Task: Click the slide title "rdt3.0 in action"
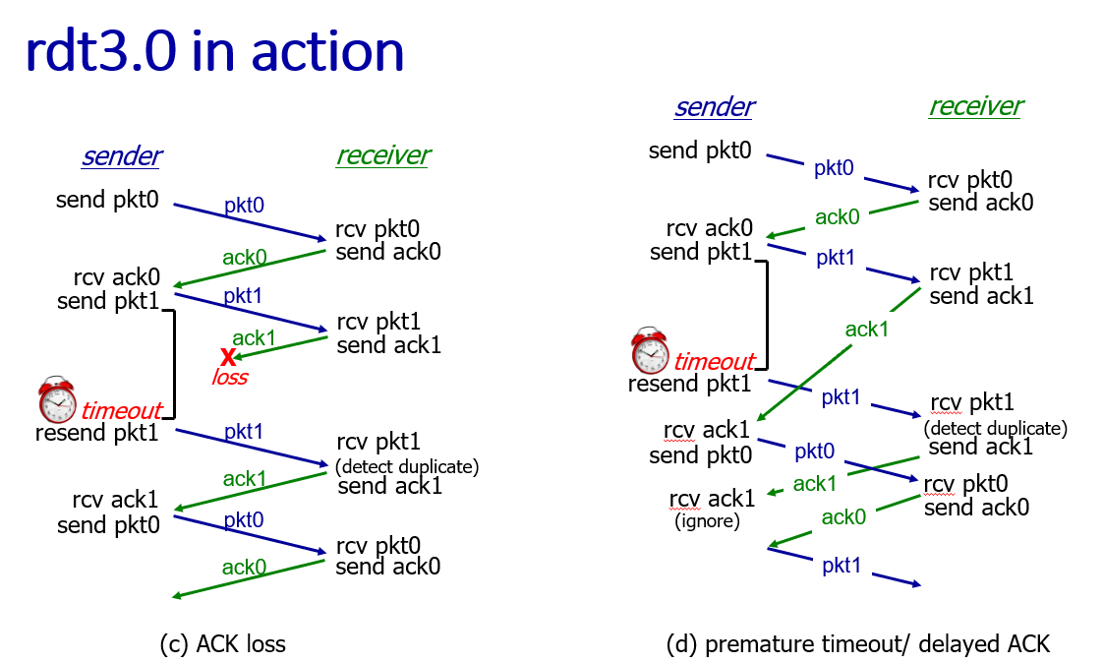[214, 51]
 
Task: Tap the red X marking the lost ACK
[228, 356]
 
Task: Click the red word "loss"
[230, 377]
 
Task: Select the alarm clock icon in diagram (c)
[57, 399]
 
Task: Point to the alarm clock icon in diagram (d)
[650, 351]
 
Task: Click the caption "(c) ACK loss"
[222, 643]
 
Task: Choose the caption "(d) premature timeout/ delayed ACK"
[857, 643]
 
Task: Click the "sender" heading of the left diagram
[122, 155]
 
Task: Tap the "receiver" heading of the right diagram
[975, 106]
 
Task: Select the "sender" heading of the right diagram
[714, 106]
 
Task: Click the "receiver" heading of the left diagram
[382, 155]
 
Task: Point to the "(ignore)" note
[707, 521]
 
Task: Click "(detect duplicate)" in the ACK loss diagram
[407, 466]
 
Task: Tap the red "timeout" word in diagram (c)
[120, 410]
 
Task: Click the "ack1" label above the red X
[254, 337]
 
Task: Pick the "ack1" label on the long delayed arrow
[867, 330]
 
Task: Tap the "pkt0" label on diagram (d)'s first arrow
[834, 168]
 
